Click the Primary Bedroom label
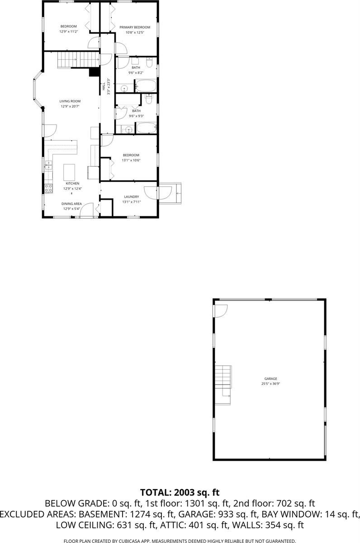click(134, 27)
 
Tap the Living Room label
click(70, 101)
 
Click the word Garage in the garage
click(270, 379)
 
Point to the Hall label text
click(104, 86)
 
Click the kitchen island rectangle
click(69, 172)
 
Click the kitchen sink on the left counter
click(48, 165)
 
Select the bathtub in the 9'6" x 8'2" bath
click(146, 86)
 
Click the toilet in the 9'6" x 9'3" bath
click(149, 98)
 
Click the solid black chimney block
click(95, 72)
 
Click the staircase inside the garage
click(223, 380)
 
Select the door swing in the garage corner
click(220, 310)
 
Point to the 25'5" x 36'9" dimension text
click(270, 384)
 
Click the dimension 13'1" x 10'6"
click(131, 160)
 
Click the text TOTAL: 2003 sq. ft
click(180, 492)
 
